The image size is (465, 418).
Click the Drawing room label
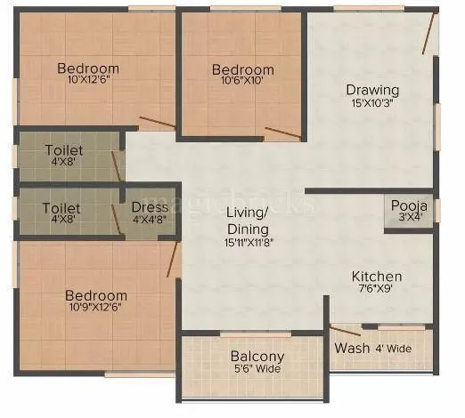(x=372, y=90)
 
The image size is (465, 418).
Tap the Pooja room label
(x=410, y=206)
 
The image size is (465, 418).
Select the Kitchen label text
(x=376, y=277)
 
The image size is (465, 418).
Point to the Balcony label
(x=257, y=357)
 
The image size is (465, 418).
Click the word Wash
(x=347, y=348)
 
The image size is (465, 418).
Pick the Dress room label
(x=150, y=208)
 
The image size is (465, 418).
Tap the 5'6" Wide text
(x=257, y=369)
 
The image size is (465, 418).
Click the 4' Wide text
(x=393, y=349)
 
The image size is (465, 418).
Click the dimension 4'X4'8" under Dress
(x=150, y=220)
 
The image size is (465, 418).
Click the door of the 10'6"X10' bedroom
(x=283, y=133)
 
